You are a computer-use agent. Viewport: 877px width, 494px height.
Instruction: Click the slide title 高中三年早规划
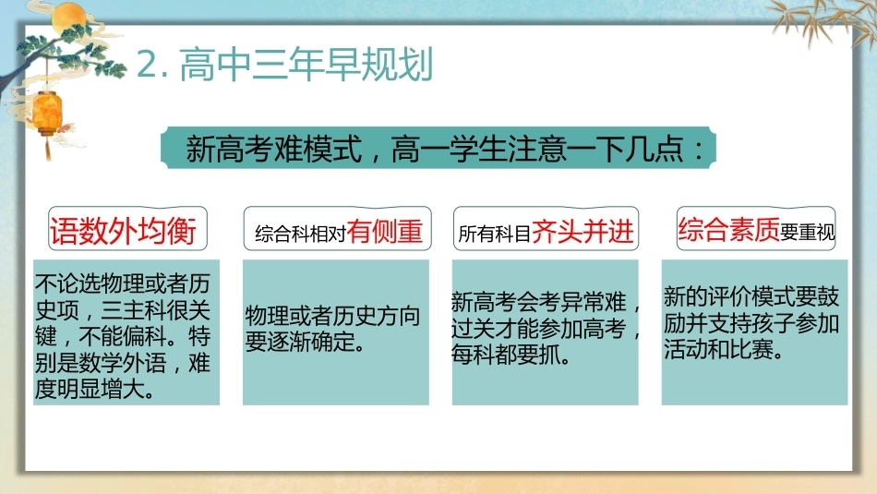[x=306, y=65]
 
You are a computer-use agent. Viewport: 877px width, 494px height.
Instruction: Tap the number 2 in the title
[x=148, y=65]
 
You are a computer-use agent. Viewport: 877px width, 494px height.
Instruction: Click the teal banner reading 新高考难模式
[x=438, y=149]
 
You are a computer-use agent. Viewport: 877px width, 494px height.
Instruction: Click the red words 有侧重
[x=384, y=231]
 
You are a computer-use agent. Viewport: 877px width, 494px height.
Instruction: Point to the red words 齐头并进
[x=583, y=231]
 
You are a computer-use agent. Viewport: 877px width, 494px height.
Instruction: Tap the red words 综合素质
[x=728, y=229]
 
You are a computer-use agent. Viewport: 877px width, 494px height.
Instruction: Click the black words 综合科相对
[x=301, y=234]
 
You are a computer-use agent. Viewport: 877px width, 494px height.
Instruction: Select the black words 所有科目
[x=495, y=234]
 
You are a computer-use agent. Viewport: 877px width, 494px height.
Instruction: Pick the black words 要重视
[x=807, y=232]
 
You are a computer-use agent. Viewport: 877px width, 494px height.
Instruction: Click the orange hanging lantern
[x=47, y=114]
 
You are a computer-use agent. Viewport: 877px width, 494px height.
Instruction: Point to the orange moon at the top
[x=69, y=17]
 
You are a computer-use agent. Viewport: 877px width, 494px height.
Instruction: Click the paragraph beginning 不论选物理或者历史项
[x=123, y=336]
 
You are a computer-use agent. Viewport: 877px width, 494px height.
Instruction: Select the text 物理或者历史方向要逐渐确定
[x=332, y=329]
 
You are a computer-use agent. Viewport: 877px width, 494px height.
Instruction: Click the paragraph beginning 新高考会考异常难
[x=546, y=329]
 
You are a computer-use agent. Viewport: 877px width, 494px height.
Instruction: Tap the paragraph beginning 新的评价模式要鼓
[x=751, y=323]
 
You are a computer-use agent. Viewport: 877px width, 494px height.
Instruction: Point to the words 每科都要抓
[x=511, y=355]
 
